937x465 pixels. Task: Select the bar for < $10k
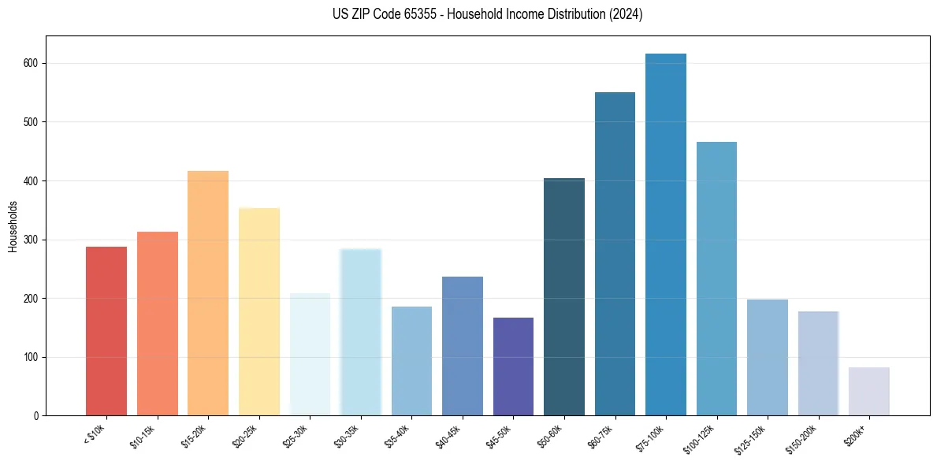pyautogui.click(x=106, y=331)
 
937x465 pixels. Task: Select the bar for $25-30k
pyautogui.click(x=310, y=355)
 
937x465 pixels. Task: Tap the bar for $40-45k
pyautogui.click(x=463, y=346)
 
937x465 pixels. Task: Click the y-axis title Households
pyautogui.click(x=13, y=225)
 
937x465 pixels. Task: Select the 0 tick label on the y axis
pyautogui.click(x=37, y=416)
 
